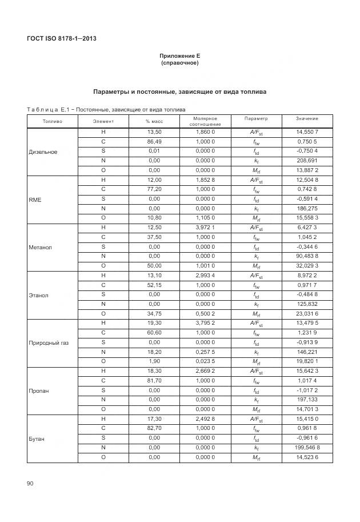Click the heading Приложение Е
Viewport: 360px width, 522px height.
[180, 56]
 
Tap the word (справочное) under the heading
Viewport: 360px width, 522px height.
[180, 63]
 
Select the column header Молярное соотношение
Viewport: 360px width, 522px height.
[205, 121]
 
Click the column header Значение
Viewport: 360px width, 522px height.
[307, 118]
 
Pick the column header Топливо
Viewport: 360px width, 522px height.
[52, 121]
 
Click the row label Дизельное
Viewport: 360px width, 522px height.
[43, 152]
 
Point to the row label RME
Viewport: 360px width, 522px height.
[35, 200]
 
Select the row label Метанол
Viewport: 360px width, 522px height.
[41, 248]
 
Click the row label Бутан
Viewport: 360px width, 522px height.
[37, 439]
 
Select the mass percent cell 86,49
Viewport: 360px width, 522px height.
[154, 141]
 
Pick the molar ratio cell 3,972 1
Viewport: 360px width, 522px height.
[205, 228]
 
